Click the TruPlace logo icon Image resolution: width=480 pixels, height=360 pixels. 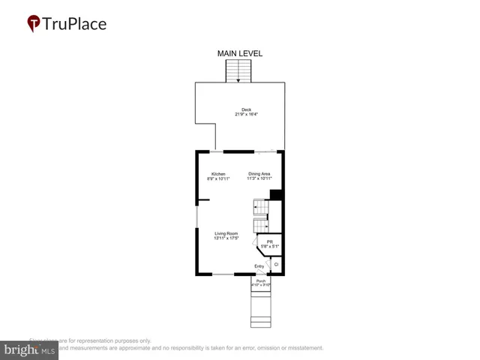tap(34, 24)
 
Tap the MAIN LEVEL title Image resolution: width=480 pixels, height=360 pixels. tap(240, 53)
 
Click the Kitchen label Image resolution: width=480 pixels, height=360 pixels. tap(217, 174)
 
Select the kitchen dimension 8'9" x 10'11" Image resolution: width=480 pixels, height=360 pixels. tap(217, 179)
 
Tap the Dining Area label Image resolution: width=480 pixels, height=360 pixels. tap(259, 174)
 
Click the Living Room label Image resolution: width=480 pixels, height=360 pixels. tap(226, 233)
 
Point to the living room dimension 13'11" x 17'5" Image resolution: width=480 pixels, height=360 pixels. tap(226, 238)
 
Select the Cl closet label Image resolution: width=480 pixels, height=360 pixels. tap(276, 264)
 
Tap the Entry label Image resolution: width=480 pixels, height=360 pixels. tap(259, 266)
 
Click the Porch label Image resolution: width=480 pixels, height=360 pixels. tap(261, 281)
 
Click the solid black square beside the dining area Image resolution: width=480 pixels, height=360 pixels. tap(275, 195)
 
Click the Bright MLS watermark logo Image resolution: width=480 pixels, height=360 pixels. tap(30, 349)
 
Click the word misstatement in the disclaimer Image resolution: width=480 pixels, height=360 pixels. tap(301, 348)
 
